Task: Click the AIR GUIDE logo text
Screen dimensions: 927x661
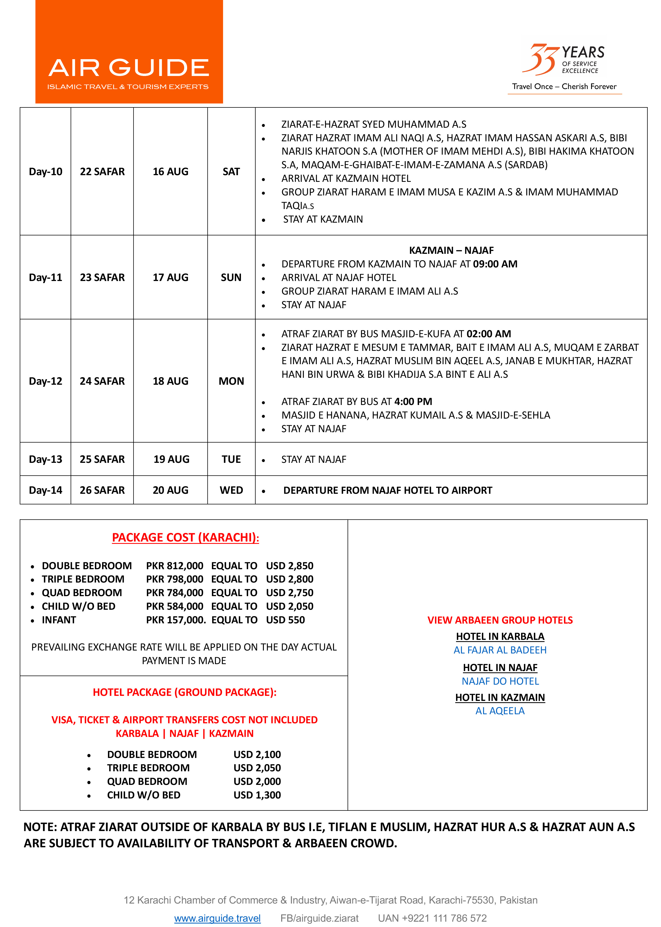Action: click(x=129, y=68)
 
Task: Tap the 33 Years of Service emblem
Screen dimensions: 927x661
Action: click(x=564, y=60)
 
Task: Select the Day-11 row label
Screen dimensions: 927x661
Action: click(x=45, y=278)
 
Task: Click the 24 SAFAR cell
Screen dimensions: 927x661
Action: click(x=102, y=381)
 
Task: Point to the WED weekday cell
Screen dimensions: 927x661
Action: click(x=231, y=490)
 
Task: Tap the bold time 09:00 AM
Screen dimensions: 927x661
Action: click(x=495, y=264)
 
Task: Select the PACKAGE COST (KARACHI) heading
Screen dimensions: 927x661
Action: click(x=185, y=537)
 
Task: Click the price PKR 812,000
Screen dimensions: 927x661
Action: click(x=175, y=566)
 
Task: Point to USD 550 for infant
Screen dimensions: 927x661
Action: click(x=285, y=620)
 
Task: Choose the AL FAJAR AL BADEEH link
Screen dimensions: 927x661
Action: click(x=500, y=650)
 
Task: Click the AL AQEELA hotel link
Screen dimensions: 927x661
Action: click(x=500, y=711)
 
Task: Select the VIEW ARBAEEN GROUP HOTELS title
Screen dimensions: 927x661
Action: click(x=500, y=620)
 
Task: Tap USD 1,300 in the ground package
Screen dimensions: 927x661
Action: click(x=257, y=795)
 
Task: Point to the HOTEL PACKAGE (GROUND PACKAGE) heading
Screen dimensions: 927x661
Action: click(x=184, y=692)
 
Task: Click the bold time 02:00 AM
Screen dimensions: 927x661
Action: click(x=489, y=334)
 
